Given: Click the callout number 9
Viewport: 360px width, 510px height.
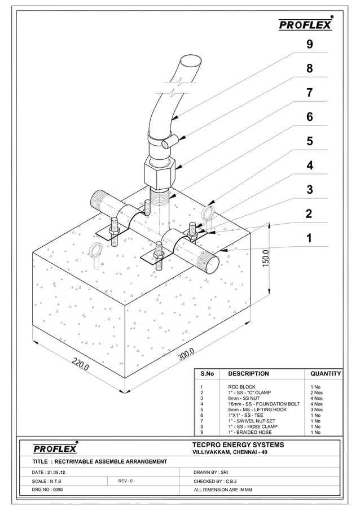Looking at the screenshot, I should pos(309,44).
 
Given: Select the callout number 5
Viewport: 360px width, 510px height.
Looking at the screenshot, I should pos(309,141).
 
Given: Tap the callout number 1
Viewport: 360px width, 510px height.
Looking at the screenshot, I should pos(309,238).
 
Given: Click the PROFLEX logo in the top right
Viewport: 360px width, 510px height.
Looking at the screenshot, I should pos(305,25).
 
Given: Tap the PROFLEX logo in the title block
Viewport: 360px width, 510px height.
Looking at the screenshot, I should pos(55,449).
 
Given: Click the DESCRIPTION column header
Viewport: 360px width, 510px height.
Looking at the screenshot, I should pos(248,374).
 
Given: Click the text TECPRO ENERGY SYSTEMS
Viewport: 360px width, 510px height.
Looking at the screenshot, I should pos(238,445).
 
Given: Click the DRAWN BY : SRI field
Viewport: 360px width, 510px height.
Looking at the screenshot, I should pos(211,472).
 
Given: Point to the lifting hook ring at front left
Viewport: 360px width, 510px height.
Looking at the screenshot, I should pos(96,250).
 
